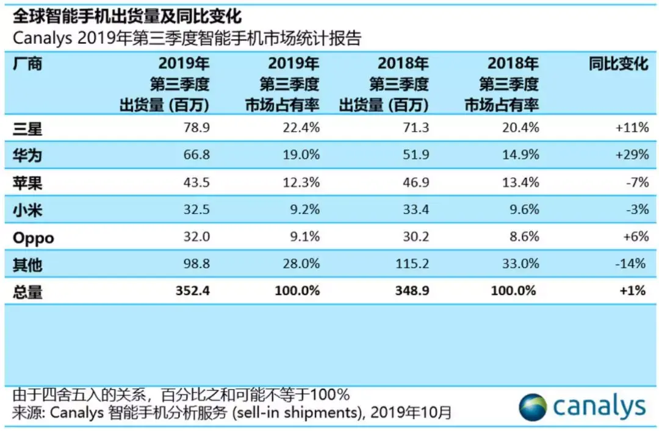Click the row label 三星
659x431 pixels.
tap(28, 128)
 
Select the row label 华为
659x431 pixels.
tap(28, 155)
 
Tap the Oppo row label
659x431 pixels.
tap(33, 238)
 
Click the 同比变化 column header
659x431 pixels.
tap(618, 64)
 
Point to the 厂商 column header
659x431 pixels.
tap(28, 64)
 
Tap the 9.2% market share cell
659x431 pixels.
tap(303, 210)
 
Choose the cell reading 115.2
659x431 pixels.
tap(412, 264)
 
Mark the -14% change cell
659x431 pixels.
tap(632, 264)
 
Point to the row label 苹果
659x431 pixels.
tap(28, 182)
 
